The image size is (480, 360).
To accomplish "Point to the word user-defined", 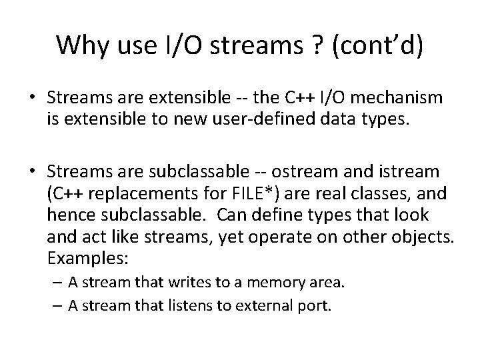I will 261,121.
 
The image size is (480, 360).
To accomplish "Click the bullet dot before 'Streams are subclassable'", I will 32,171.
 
